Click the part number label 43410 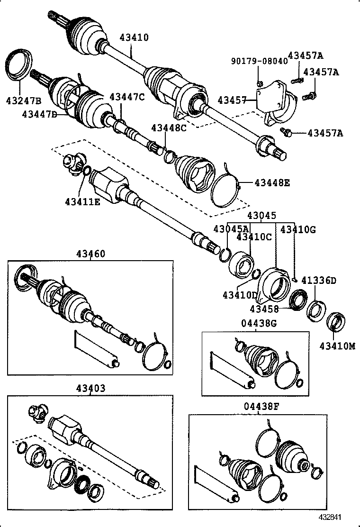pyautogui.click(x=134, y=37)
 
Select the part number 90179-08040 pyautogui.click(x=259, y=61)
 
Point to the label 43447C pyautogui.click(x=126, y=97)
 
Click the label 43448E pyautogui.click(x=272, y=182)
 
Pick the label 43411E pyautogui.click(x=82, y=202)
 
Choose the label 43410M pyautogui.click(x=337, y=346)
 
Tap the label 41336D pyautogui.click(x=319, y=281)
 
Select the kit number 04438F pyautogui.click(x=259, y=406)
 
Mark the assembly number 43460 pyautogui.click(x=90, y=254)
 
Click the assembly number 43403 pyautogui.click(x=90, y=388)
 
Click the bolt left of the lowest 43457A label pyautogui.click(x=286, y=131)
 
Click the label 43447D pyautogui.click(x=39, y=114)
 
